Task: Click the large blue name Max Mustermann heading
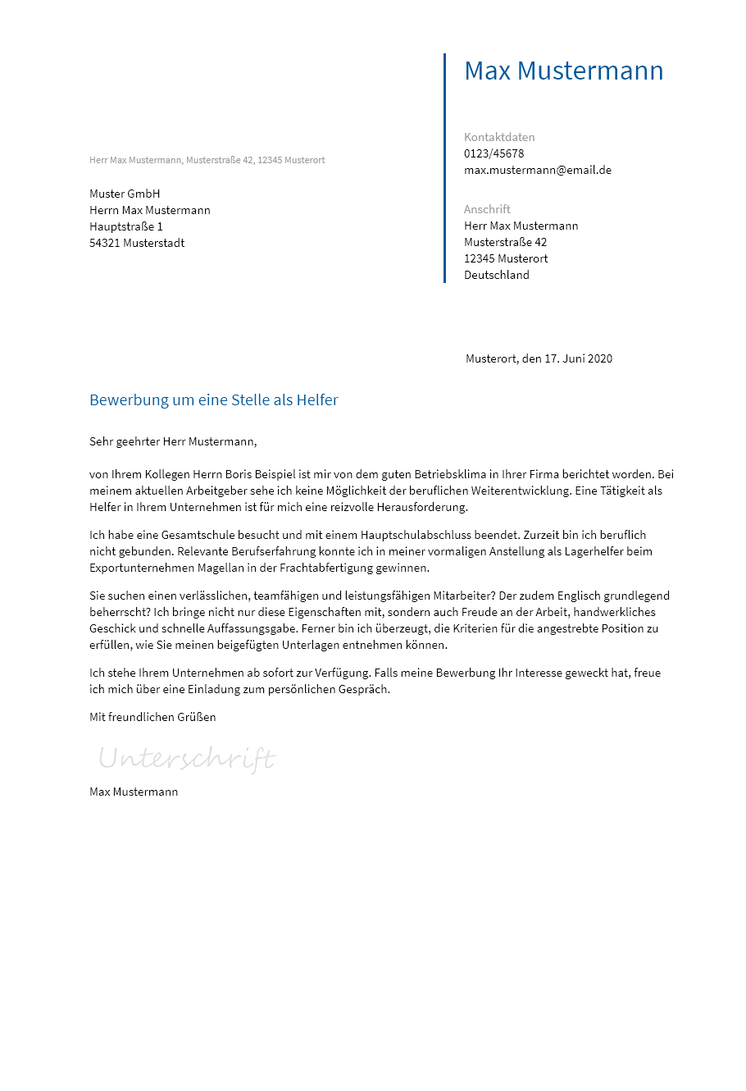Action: point(563,71)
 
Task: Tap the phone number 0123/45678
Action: point(494,153)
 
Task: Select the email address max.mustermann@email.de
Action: point(538,170)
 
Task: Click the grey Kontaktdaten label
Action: point(499,137)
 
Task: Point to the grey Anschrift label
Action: point(487,209)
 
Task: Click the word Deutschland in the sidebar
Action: point(497,275)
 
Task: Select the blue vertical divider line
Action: point(444,168)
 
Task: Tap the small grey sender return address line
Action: point(207,160)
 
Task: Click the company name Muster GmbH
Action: point(125,194)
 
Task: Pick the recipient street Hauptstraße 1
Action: point(126,226)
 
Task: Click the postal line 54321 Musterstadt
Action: point(137,243)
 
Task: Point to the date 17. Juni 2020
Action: point(578,358)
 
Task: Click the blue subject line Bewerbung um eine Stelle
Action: point(214,400)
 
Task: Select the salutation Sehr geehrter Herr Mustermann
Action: point(173,441)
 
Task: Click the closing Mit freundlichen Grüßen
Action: point(152,717)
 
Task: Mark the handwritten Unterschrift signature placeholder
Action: point(187,758)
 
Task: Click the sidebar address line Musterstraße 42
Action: point(505,242)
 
